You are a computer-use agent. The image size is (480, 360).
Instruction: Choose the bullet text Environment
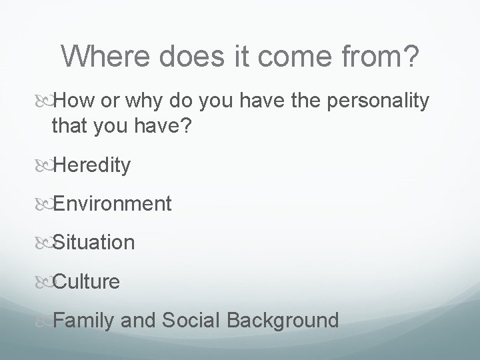[111, 203]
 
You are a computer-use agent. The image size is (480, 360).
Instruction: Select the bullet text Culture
[86, 281]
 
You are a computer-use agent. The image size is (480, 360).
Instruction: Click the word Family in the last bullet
[85, 320]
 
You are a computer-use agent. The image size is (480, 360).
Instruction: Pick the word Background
[283, 320]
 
